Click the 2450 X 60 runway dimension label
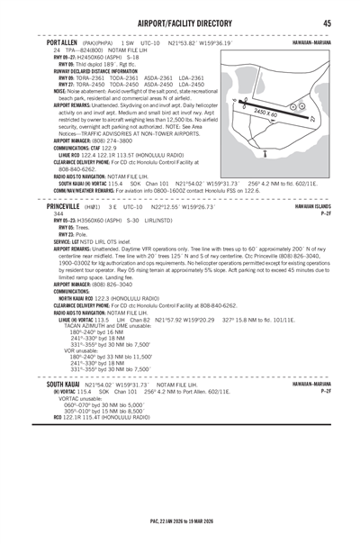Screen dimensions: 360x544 [292, 113]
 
